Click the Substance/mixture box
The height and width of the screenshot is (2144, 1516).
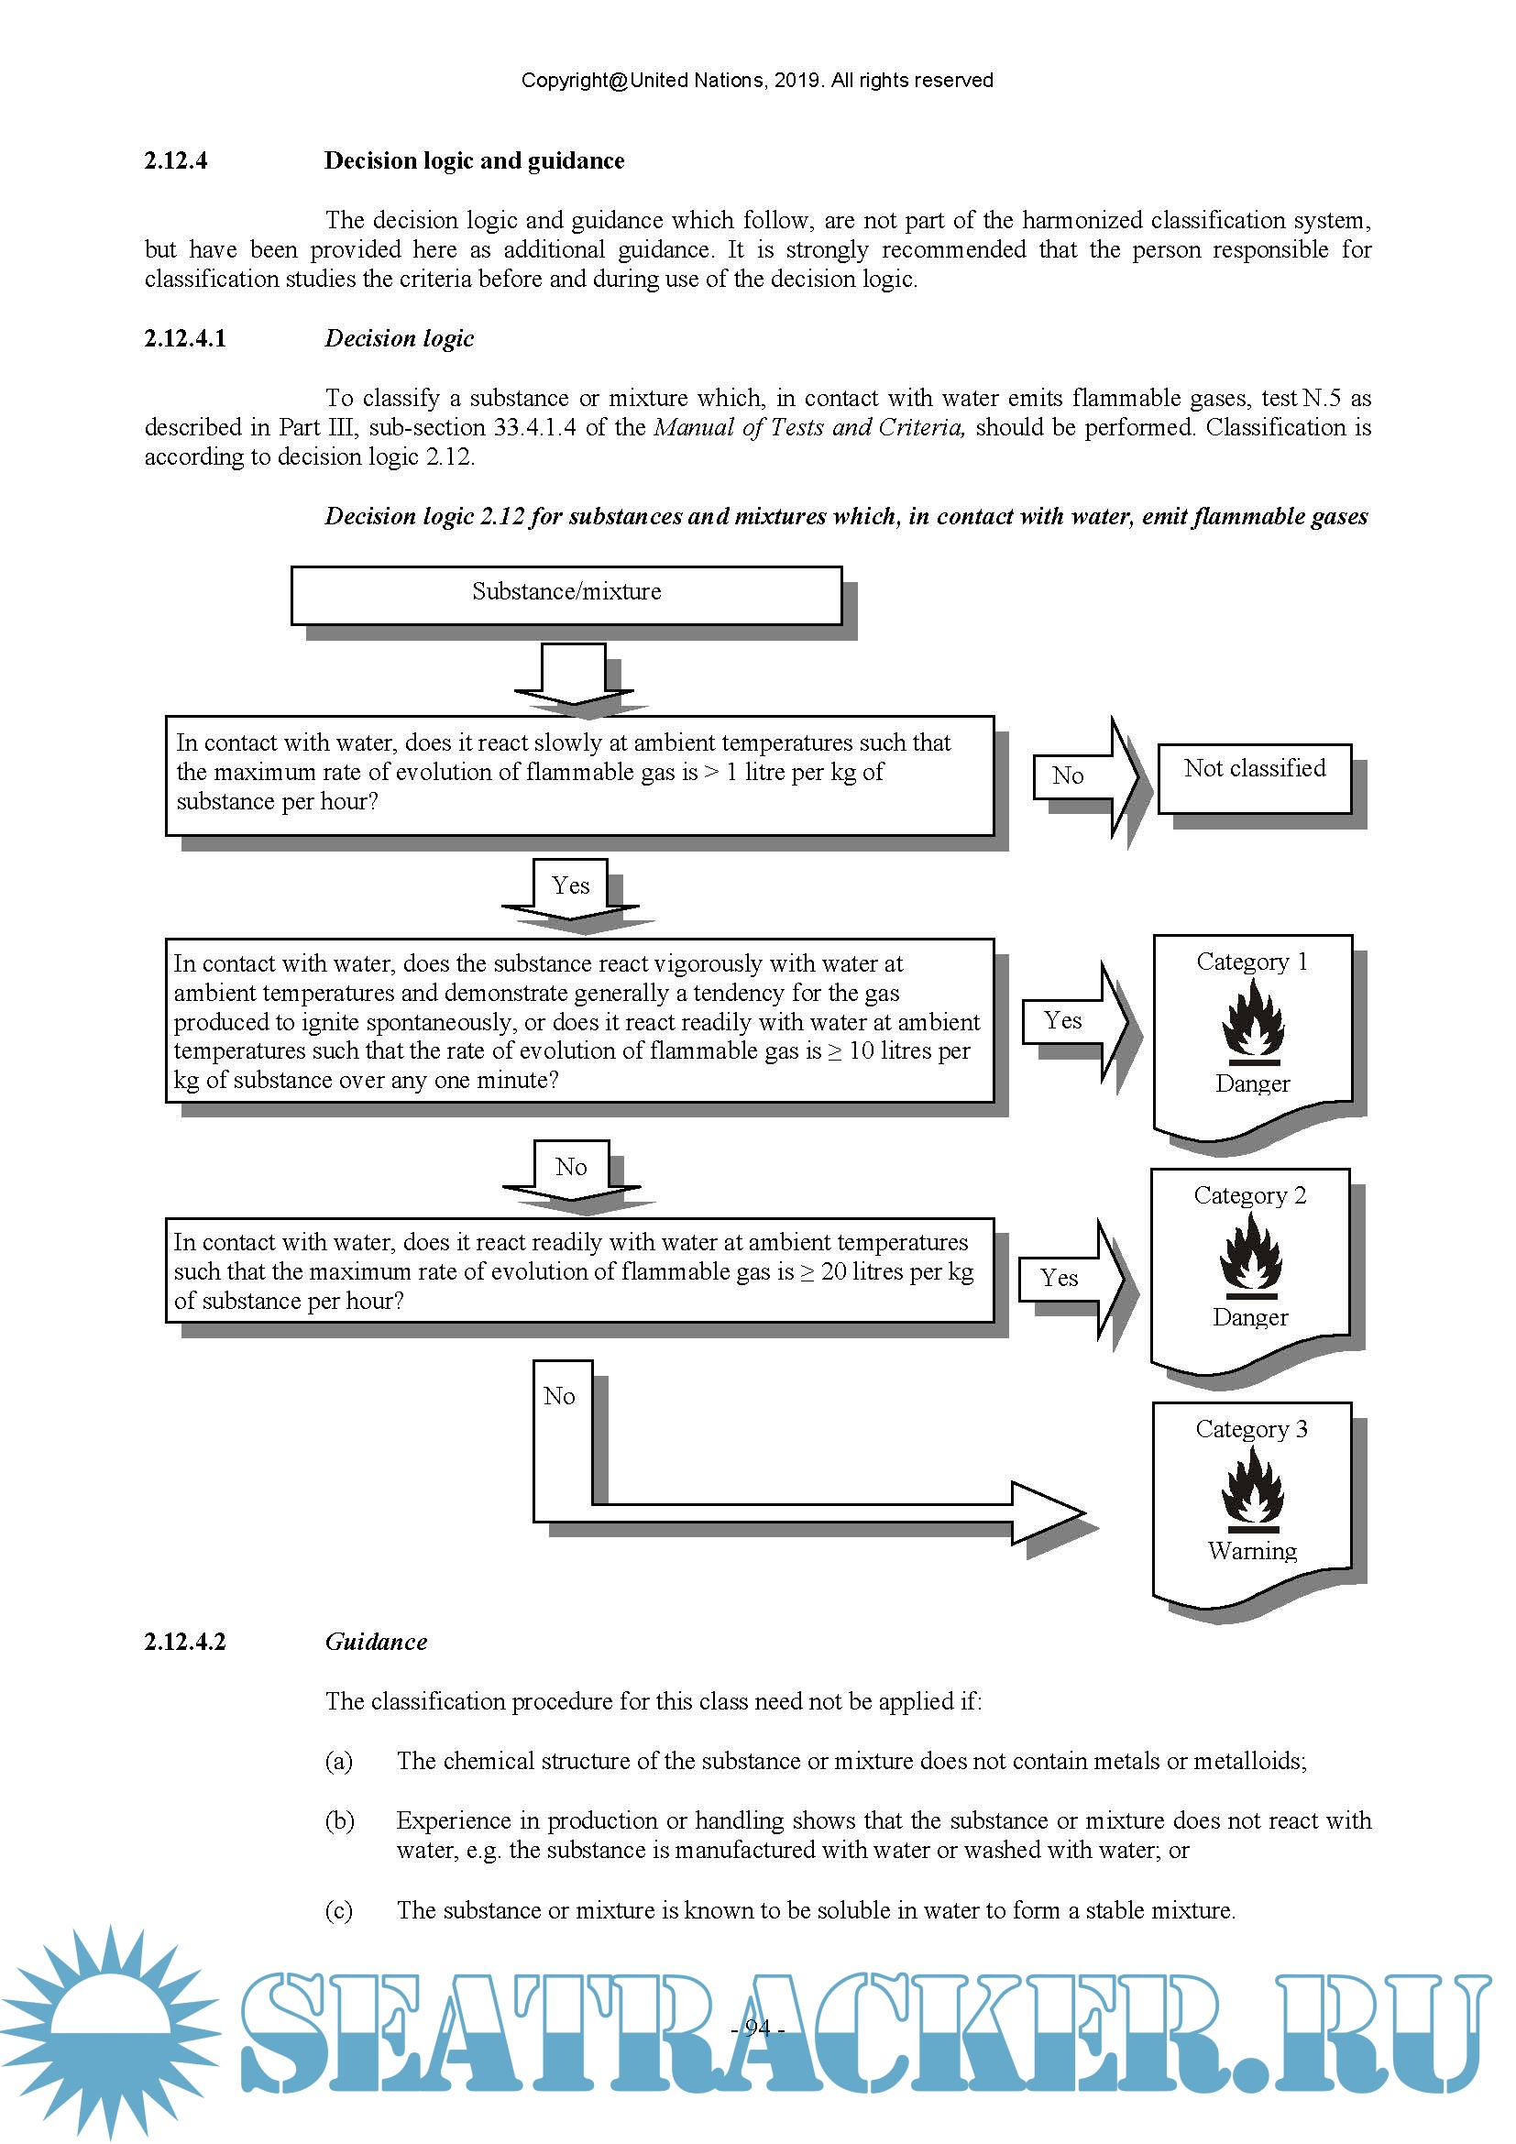tap(566, 595)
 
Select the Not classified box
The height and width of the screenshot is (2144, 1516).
tap(1254, 777)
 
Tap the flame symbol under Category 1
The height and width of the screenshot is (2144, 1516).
tap(1252, 1025)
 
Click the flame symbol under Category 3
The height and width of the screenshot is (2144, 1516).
tap(1252, 1491)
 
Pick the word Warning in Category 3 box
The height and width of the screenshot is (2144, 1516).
tap(1252, 1551)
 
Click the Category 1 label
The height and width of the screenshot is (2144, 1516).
tap(1252, 962)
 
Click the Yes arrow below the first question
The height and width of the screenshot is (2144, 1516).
tap(570, 888)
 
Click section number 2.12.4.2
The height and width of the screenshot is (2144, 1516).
tap(185, 1643)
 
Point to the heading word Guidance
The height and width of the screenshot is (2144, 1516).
tap(376, 1643)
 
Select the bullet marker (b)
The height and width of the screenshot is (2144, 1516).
tap(339, 1822)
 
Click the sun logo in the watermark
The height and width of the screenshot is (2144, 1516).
tap(110, 2031)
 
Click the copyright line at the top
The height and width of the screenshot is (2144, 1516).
tap(757, 81)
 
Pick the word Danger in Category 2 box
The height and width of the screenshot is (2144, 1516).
tap(1250, 1317)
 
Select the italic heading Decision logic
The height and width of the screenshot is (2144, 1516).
tap(400, 338)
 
